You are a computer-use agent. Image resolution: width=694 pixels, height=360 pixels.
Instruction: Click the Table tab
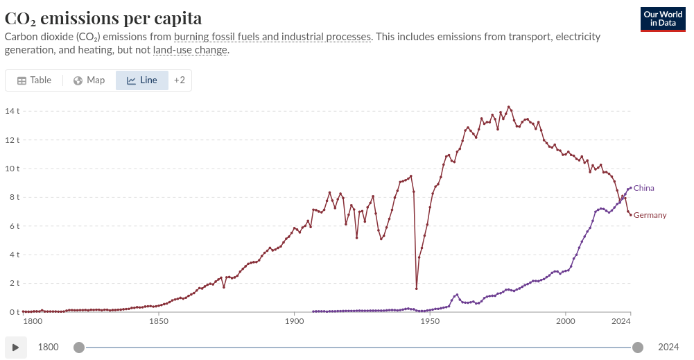click(x=35, y=80)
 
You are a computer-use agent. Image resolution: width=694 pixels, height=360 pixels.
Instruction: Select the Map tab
click(x=89, y=80)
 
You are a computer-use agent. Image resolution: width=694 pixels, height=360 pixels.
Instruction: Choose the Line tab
click(x=142, y=80)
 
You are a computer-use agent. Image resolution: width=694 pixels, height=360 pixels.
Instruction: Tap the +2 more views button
click(x=180, y=80)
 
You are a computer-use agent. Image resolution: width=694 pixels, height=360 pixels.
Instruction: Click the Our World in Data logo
click(x=663, y=19)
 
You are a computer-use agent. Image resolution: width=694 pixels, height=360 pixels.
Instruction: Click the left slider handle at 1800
click(x=79, y=348)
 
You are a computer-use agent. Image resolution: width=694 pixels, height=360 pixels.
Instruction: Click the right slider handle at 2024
click(x=638, y=348)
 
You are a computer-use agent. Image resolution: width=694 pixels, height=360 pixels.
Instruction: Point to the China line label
click(x=643, y=188)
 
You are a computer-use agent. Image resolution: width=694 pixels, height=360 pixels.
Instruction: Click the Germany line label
click(x=650, y=215)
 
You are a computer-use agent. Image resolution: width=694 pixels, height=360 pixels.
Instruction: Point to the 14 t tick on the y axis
click(x=12, y=111)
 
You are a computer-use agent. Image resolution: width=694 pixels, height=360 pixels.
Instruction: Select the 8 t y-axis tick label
click(x=15, y=197)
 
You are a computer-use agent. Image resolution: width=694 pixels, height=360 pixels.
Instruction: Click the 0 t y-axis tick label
click(x=15, y=312)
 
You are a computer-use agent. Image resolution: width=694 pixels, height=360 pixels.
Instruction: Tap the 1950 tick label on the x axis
click(x=430, y=321)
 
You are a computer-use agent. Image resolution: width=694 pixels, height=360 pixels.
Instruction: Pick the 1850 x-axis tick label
click(x=159, y=321)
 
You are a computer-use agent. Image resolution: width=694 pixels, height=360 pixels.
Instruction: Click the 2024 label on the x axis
click(x=621, y=321)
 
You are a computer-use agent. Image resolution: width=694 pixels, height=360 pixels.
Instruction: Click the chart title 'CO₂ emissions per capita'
click(x=103, y=18)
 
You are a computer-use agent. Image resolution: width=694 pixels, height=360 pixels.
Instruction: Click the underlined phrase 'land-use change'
click(x=190, y=50)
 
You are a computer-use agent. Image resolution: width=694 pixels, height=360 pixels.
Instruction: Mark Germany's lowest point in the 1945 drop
click(x=417, y=289)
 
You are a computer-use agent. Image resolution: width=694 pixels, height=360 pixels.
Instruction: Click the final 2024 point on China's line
click(x=631, y=188)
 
